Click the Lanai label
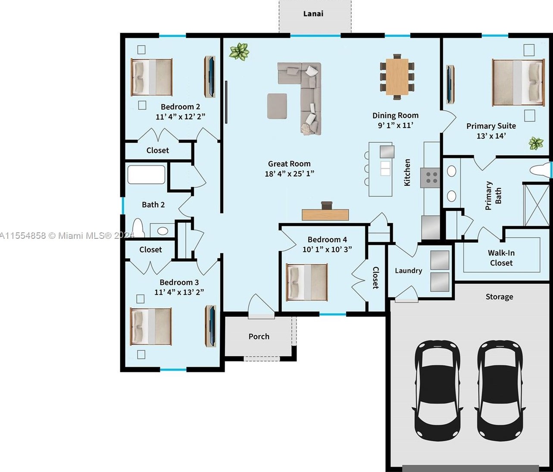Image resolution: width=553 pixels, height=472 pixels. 313,14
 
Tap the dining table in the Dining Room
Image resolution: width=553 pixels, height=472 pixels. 397,77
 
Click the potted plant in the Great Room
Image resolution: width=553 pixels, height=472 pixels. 239,51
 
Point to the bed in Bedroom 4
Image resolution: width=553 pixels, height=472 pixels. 307,282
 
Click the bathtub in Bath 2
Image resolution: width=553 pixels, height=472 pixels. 146,175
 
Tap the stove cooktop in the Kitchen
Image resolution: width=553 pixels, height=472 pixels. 430,178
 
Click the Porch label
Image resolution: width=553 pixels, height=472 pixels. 259,336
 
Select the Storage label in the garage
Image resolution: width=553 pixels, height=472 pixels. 499,297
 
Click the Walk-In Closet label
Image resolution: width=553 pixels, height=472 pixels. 501,258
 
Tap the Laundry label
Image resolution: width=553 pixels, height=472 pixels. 408,271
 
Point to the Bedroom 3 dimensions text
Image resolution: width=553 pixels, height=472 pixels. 179,292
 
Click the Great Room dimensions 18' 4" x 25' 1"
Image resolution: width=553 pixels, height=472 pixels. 289,174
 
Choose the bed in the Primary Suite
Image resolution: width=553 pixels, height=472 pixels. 518,82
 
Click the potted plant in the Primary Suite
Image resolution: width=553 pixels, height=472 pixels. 536,144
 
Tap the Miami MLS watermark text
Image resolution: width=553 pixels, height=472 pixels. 67,235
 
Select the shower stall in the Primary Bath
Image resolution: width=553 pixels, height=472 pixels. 536,205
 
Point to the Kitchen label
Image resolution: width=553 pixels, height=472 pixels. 407,172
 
